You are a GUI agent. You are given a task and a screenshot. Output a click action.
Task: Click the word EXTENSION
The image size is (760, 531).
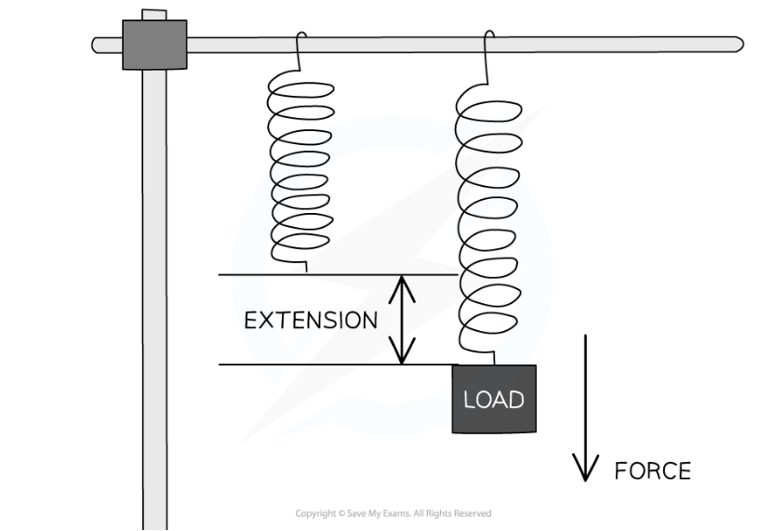coord(311,321)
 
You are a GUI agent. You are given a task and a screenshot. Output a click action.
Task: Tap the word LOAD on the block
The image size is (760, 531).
coord(493,400)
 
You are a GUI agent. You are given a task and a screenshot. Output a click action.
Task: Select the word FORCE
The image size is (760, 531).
coord(652,471)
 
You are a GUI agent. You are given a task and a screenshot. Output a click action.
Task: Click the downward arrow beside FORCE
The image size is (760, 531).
coord(585,409)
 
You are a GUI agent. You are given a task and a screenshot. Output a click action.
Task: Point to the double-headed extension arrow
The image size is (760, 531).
coord(401,320)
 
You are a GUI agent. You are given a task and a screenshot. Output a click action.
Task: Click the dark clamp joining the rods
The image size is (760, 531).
coord(154,45)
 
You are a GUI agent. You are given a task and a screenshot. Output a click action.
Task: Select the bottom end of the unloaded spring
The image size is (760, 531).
coord(306,268)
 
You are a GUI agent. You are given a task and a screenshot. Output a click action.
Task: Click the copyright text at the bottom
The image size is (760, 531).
coord(393,513)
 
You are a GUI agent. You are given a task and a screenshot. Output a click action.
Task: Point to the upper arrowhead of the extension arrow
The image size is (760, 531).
coord(401,283)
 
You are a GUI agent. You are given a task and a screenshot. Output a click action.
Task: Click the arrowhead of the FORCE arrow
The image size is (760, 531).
coord(585,472)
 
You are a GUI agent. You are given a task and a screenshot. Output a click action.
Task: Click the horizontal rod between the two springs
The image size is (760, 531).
coord(395,45)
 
